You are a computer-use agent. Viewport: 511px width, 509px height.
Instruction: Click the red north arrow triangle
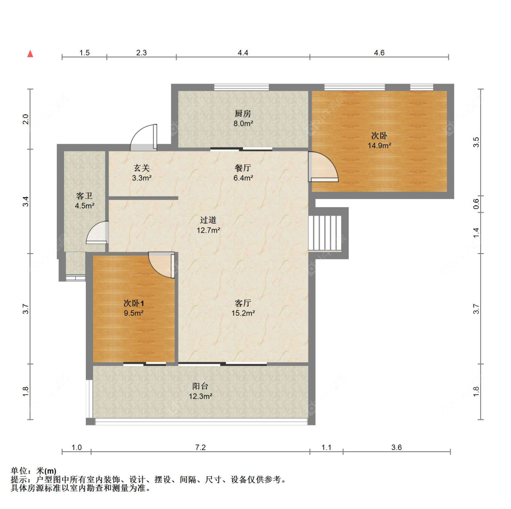[x=30, y=54]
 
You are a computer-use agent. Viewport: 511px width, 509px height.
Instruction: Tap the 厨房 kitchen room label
[x=243, y=114]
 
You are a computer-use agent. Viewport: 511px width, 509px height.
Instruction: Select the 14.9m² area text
[x=379, y=145]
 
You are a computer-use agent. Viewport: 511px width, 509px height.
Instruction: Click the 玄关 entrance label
[x=142, y=168]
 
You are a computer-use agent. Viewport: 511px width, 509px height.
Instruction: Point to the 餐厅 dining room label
[x=243, y=168]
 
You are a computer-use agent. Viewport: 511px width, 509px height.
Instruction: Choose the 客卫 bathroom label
[x=84, y=195]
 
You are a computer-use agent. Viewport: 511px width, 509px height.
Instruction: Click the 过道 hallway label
[x=208, y=220]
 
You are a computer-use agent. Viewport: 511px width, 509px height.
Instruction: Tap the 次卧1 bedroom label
[x=134, y=303]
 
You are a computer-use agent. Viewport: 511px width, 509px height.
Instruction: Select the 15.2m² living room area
[x=243, y=313]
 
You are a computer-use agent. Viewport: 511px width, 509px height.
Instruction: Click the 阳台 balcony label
[x=200, y=386]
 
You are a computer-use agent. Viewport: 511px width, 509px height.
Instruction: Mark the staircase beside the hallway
[x=325, y=233]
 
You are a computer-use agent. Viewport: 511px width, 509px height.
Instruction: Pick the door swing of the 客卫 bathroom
[x=97, y=233]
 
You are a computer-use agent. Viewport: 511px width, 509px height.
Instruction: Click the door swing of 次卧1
[x=161, y=265]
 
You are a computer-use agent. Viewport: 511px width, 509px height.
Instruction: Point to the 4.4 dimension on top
[x=243, y=53]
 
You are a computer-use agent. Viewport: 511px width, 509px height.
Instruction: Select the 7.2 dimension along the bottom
[x=200, y=447]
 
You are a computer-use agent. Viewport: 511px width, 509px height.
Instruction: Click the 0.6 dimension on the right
[x=476, y=204]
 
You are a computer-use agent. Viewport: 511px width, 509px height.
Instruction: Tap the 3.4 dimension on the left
[x=25, y=201]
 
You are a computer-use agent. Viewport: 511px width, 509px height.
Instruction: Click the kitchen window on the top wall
[x=242, y=87]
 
